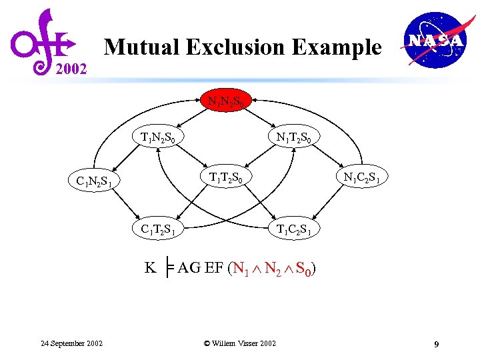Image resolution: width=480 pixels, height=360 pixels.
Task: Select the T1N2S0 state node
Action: [158, 138]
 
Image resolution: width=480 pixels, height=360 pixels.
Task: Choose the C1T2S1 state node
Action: [158, 229]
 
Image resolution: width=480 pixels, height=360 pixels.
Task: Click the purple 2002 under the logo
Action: [70, 69]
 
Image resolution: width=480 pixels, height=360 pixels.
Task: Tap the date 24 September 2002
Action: [71, 343]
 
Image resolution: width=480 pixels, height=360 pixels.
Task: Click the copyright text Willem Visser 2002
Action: [240, 343]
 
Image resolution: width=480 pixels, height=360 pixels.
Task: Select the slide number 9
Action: [435, 344]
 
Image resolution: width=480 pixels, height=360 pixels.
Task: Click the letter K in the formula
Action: [151, 268]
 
